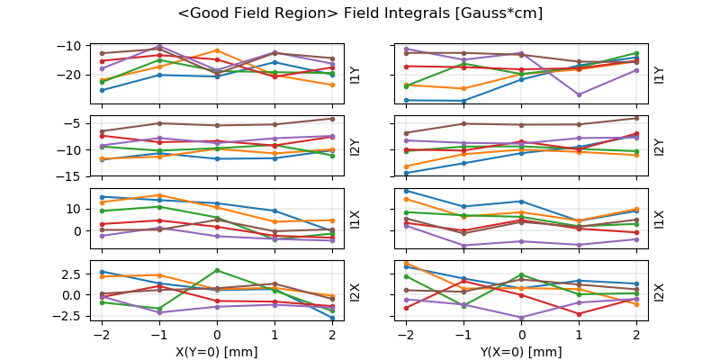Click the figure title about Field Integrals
coord(360,13)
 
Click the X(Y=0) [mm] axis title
coord(217,352)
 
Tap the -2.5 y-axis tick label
coord(72,316)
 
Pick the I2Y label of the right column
coord(660,147)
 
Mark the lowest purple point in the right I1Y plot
coord(580,94)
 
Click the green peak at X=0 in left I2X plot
coord(217,270)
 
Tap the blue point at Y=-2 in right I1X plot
coord(406,191)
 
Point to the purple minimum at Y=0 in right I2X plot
coord(522,318)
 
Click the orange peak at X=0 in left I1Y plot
coord(217,50)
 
